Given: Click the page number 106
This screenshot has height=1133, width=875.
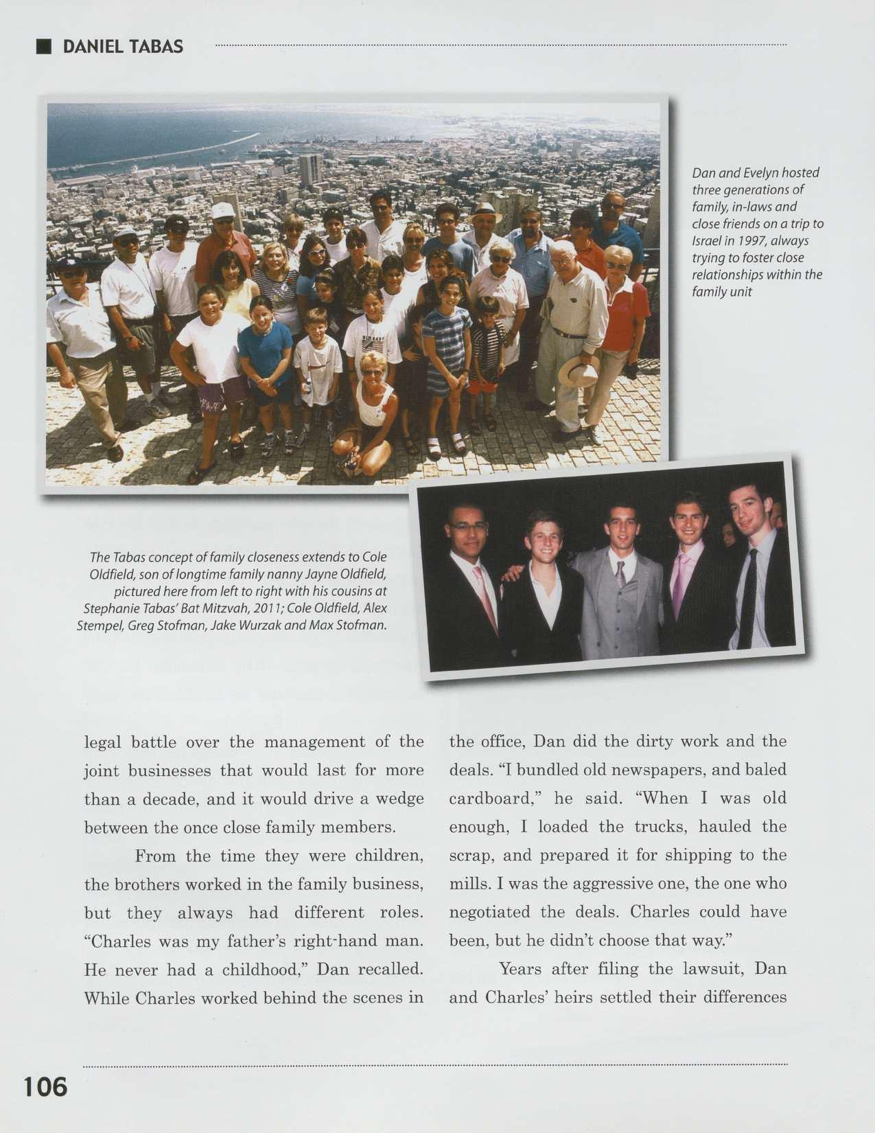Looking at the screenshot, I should pyautogui.click(x=46, y=1087).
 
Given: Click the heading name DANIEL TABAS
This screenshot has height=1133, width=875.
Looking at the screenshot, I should pyautogui.click(x=123, y=47).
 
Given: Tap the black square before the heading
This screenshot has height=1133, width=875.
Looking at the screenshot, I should pyautogui.click(x=44, y=46).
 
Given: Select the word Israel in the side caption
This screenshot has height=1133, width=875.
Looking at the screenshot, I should pyautogui.click(x=707, y=241).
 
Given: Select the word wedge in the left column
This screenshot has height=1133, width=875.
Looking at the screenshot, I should pyautogui.click(x=401, y=799).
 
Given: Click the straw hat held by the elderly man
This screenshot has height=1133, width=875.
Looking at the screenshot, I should pyautogui.click(x=578, y=372).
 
